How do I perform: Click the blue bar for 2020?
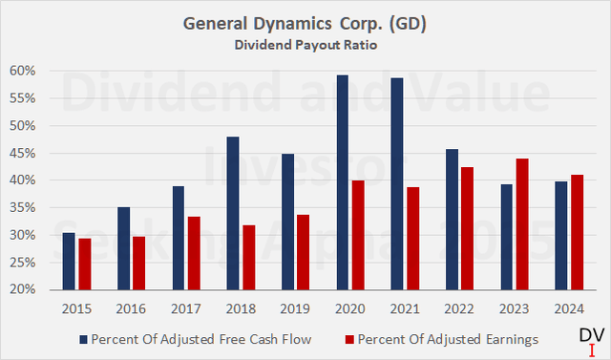(x=342, y=182)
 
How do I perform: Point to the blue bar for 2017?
(x=179, y=238)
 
